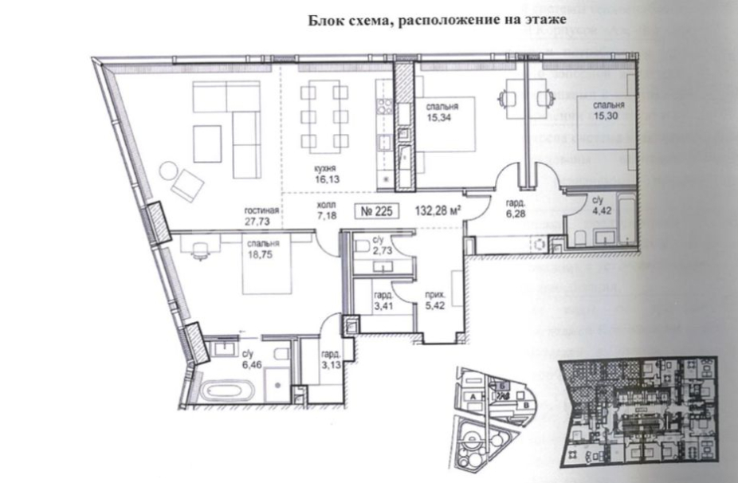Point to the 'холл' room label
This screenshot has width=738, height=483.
pos(305,205)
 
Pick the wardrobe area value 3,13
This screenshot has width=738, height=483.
pos(332,367)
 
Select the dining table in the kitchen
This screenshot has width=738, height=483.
pos(324,116)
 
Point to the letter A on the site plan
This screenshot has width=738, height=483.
pos(473,396)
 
